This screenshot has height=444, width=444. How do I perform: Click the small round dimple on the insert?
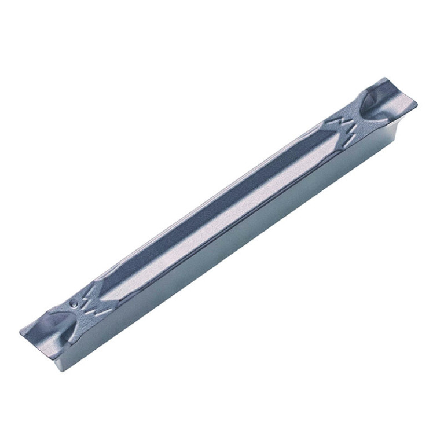[x=74, y=302]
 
